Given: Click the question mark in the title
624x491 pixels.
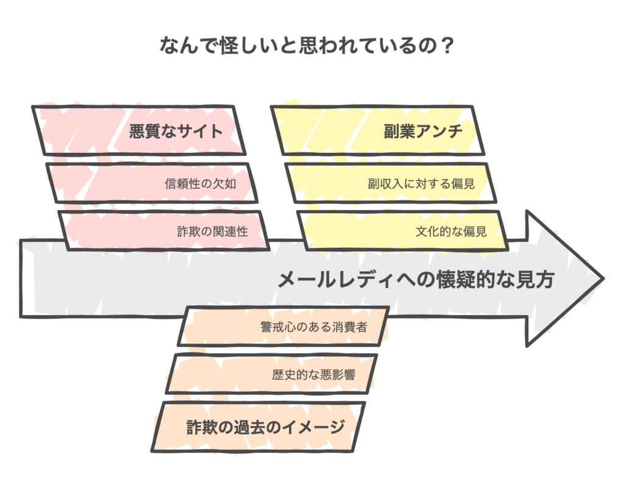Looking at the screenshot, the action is (x=447, y=45).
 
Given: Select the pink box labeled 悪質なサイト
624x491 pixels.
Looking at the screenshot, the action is (x=138, y=130).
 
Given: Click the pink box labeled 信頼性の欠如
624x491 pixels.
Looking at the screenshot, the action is (x=152, y=183).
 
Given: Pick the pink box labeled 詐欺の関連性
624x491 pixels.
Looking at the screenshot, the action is (x=164, y=231).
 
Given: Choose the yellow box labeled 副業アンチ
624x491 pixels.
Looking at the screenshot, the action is (x=377, y=130).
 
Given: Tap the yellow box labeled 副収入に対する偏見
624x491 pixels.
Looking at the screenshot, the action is (x=391, y=183).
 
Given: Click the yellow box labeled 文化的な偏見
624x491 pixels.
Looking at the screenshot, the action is (x=403, y=231).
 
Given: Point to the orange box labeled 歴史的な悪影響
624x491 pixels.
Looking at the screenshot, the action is (x=271, y=374).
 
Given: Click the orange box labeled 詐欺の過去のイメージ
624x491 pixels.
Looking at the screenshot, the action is (x=258, y=427).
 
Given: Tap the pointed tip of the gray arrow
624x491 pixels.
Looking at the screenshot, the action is (x=604, y=278).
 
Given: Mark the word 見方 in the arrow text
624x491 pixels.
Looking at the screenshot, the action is (x=534, y=280).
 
